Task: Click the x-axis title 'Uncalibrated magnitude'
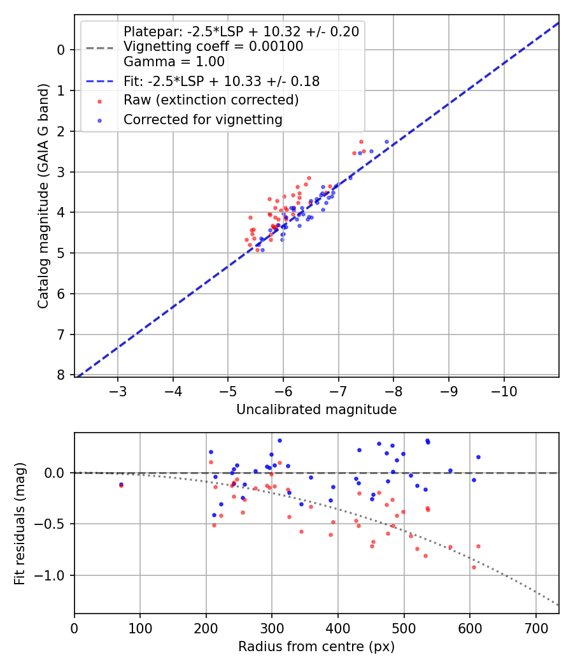click(316, 410)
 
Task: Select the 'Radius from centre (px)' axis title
click(316, 647)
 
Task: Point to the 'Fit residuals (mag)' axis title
click(20, 523)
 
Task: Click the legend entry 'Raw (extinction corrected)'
click(211, 100)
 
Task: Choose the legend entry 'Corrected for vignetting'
click(202, 120)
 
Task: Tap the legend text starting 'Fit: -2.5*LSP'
click(221, 81)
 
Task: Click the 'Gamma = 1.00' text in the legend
click(174, 62)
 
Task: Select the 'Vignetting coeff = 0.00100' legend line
click(213, 47)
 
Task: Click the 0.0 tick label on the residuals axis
click(56, 473)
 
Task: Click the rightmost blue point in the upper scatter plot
click(386, 141)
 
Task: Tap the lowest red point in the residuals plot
click(474, 567)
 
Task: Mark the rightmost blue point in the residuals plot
click(478, 457)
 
